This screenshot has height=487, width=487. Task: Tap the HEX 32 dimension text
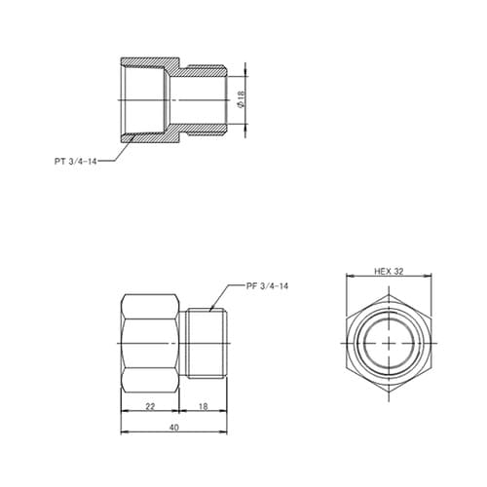click(x=389, y=272)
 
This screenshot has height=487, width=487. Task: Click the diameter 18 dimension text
click(x=242, y=97)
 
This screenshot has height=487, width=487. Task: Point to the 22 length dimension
click(x=151, y=405)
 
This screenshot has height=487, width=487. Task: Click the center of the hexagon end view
click(x=389, y=345)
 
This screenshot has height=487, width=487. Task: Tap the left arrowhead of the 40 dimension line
click(x=122, y=432)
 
